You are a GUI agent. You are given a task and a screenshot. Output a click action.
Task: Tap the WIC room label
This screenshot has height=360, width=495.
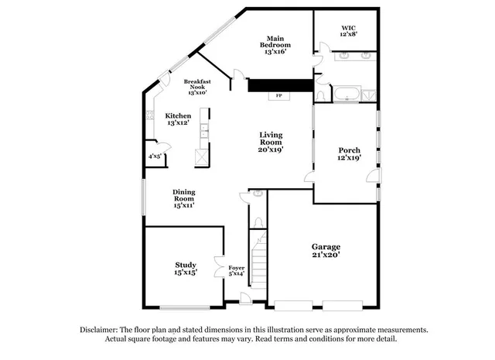pyautogui.click(x=349, y=28)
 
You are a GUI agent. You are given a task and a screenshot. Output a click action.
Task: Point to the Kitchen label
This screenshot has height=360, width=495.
pyautogui.click(x=178, y=115)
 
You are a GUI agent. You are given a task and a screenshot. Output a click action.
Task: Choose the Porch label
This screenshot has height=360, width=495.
pyautogui.click(x=350, y=150)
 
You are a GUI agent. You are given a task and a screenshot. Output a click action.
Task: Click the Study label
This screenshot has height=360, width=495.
pyautogui.click(x=185, y=265)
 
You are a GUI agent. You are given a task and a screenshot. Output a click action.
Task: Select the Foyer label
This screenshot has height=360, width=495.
pyautogui.click(x=237, y=268)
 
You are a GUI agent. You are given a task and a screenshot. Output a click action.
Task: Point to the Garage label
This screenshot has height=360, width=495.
pyautogui.click(x=326, y=246)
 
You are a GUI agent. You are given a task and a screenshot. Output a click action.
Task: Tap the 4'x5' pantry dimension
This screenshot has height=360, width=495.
pyautogui.click(x=155, y=156)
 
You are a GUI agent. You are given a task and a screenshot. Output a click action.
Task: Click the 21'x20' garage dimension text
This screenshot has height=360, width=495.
pyautogui.click(x=326, y=255)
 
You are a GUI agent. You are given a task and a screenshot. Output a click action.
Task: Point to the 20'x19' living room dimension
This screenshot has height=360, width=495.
pyautogui.click(x=271, y=150)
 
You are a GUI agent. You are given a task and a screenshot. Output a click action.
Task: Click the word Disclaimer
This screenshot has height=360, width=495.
pyautogui.click(x=101, y=329)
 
